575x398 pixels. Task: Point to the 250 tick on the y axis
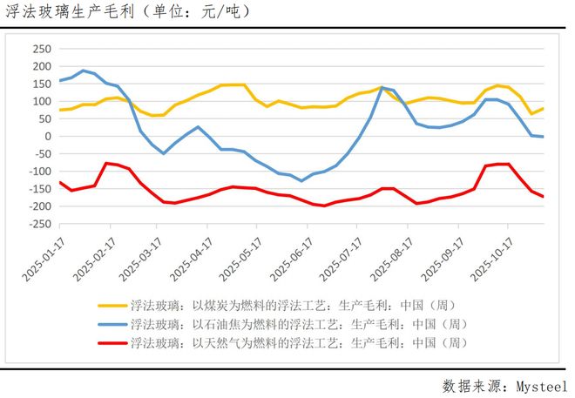[40, 49]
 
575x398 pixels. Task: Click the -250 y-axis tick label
[37, 224]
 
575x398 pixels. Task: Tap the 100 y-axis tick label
[40, 101]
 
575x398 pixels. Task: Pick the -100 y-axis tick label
[37, 172]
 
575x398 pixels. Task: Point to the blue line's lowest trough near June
[301, 180]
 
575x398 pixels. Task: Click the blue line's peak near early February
[83, 71]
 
